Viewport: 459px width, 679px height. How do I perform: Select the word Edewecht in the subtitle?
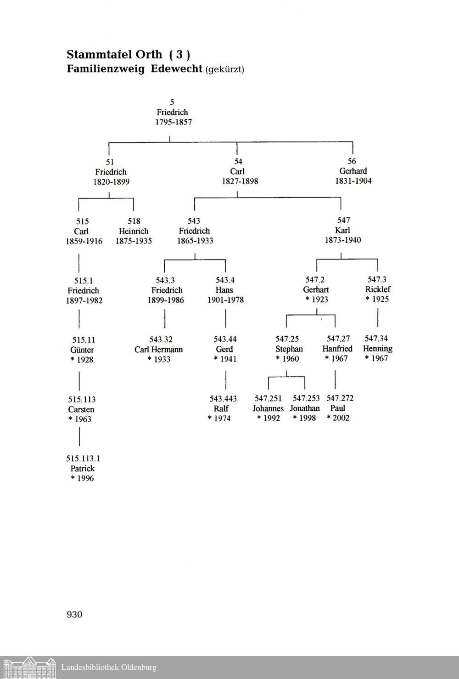point(177,69)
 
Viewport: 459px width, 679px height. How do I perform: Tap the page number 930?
point(74,615)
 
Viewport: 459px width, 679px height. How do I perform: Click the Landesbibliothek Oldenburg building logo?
point(28,668)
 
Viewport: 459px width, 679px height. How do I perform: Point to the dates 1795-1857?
point(173,122)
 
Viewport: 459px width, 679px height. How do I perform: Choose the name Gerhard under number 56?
point(353,171)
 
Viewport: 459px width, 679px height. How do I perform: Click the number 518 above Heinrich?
point(134,221)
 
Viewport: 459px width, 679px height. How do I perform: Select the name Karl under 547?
point(342,230)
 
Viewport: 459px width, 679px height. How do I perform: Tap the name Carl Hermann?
point(159,350)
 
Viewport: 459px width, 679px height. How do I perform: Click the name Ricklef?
point(378,289)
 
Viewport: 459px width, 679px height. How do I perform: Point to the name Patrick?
point(83,469)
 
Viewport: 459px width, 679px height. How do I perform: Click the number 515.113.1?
point(83,458)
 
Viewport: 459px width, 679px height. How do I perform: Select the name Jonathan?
point(305,408)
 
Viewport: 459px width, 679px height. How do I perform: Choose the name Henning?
point(377,349)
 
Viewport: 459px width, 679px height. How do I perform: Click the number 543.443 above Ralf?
point(223,398)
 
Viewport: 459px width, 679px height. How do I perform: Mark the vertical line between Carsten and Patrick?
point(79,436)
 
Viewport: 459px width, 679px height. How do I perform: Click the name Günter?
point(83,350)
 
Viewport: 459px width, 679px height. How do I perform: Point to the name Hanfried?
point(337,349)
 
